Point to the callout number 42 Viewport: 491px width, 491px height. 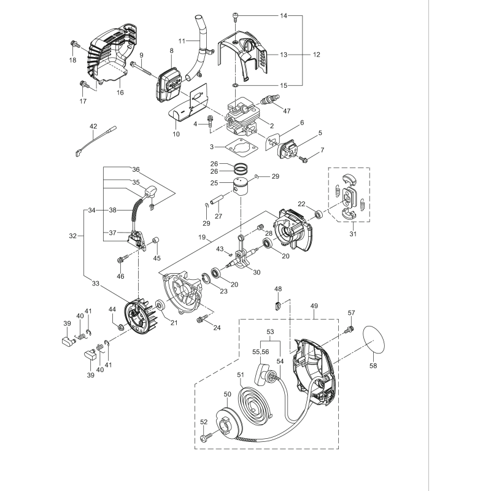[93, 126]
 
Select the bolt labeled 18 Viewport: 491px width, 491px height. [74, 44]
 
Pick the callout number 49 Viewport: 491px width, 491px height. [315, 306]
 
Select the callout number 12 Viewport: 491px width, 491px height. [316, 55]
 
